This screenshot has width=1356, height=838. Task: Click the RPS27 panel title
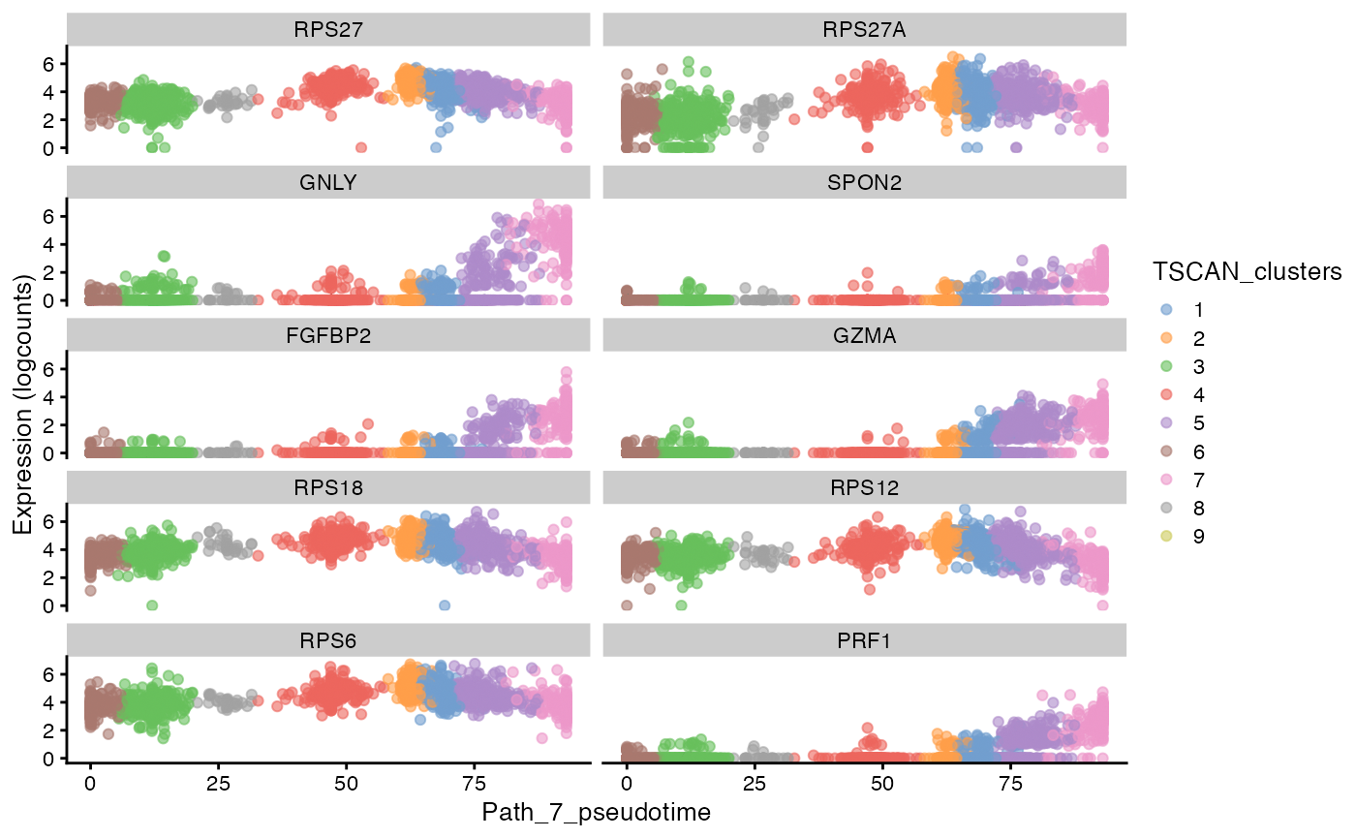pyautogui.click(x=328, y=29)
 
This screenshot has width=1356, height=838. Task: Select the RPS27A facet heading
pyautogui.click(x=864, y=29)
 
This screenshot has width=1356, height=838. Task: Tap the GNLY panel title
pyautogui.click(x=328, y=182)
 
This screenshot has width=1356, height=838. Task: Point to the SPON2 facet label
pyautogui.click(x=864, y=182)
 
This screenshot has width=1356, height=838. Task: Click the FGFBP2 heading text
pyautogui.click(x=328, y=335)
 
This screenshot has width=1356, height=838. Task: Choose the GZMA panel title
pyautogui.click(x=864, y=335)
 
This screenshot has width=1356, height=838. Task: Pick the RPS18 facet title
pyautogui.click(x=328, y=487)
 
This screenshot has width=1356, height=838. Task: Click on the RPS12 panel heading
pyautogui.click(x=864, y=487)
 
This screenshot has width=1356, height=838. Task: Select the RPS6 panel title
pyautogui.click(x=328, y=640)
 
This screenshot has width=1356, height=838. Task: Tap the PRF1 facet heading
pyautogui.click(x=864, y=640)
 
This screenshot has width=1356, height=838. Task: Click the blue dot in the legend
pyautogui.click(x=1166, y=309)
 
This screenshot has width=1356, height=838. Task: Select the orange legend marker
pyautogui.click(x=1166, y=337)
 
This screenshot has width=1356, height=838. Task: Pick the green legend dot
pyautogui.click(x=1166, y=365)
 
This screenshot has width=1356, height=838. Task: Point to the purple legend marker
pyautogui.click(x=1166, y=422)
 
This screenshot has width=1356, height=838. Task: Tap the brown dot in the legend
pyautogui.click(x=1166, y=450)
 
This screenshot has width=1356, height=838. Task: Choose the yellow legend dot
pyautogui.click(x=1166, y=536)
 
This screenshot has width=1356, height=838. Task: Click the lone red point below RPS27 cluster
pyautogui.click(x=361, y=147)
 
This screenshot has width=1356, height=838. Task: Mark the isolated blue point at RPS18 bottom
pyautogui.click(x=445, y=605)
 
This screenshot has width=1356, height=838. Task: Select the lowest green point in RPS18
pyautogui.click(x=152, y=605)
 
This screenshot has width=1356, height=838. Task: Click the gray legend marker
pyautogui.click(x=1166, y=507)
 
